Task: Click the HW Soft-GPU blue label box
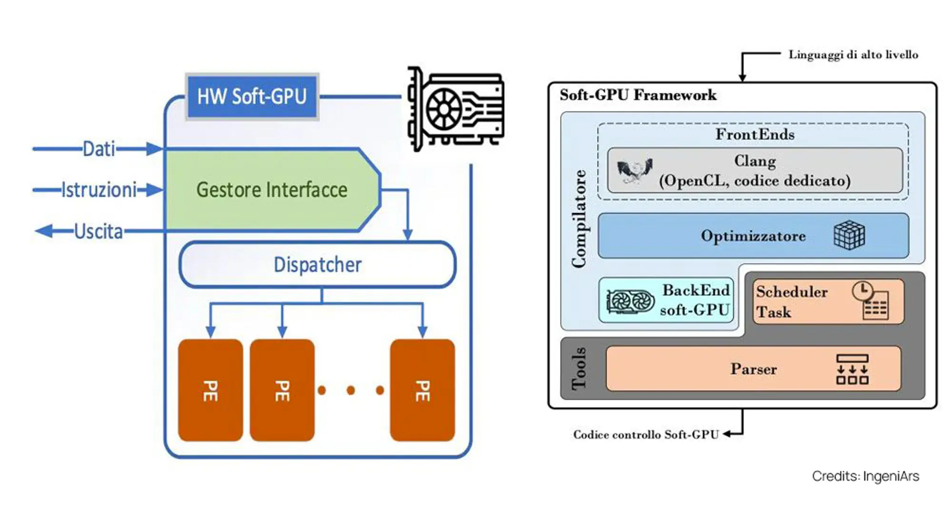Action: coord(252,97)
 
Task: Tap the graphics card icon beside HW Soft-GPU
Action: coord(455,109)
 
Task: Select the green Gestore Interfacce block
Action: coord(272,190)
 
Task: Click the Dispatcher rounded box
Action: coord(317,265)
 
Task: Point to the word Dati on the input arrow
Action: coord(99,149)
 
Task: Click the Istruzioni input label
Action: coord(99,190)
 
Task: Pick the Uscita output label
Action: coord(99,231)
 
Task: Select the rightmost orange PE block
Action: coord(422,390)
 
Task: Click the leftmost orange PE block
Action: coord(210,390)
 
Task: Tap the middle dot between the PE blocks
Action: coord(351,390)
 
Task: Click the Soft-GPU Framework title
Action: coord(638,95)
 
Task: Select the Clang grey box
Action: coord(755,170)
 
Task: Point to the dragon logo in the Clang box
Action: coord(634,171)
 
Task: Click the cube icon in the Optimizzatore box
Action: coord(849,235)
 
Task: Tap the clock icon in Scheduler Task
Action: coord(862,290)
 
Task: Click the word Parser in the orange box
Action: coord(754,369)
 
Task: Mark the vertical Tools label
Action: coord(579,369)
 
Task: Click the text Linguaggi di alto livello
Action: coord(853,55)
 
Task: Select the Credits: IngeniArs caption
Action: coord(865,476)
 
